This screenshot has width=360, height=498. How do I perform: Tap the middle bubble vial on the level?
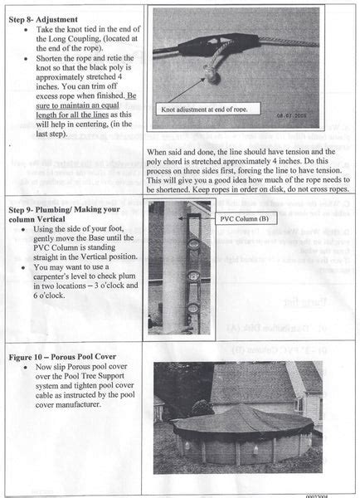coord(193,276)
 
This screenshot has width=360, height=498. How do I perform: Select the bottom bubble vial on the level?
coord(193,306)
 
